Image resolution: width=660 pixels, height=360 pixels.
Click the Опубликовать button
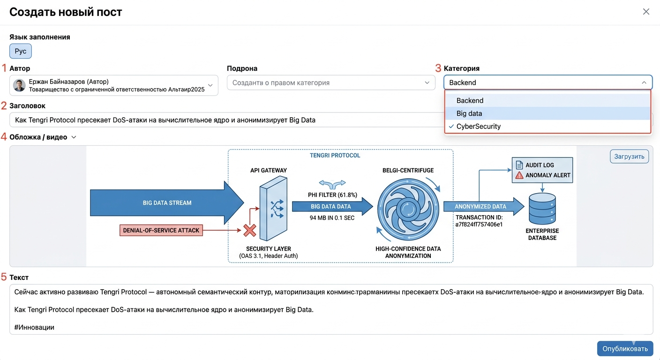pos(625,348)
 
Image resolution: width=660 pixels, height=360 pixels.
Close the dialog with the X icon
pos(646,12)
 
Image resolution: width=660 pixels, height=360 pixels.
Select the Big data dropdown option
pos(469,113)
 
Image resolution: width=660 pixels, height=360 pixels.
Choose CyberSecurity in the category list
pos(478,127)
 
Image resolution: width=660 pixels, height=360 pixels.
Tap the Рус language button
pos(20,51)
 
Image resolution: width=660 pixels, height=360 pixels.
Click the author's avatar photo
pos(19,85)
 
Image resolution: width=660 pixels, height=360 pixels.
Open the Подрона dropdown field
pos(331,83)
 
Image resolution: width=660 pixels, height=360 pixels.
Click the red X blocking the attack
pos(249,230)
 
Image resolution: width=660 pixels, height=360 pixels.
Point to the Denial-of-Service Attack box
pos(161,230)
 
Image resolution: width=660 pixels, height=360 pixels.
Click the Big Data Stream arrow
pos(167,202)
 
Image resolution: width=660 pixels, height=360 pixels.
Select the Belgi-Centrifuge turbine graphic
pos(408,210)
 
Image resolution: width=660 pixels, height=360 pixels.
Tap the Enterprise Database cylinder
pos(542,208)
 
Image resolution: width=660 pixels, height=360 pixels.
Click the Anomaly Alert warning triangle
pos(519,175)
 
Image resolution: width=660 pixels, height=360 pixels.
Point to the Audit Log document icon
pos(519,165)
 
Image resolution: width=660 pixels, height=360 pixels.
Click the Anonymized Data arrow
pos(484,206)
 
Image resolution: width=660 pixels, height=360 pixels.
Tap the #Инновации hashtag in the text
pos(34,327)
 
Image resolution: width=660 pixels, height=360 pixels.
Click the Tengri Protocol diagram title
pos(335,156)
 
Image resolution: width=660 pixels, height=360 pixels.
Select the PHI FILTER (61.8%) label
pos(332,195)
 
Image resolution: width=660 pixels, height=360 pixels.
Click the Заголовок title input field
pos(227,120)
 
